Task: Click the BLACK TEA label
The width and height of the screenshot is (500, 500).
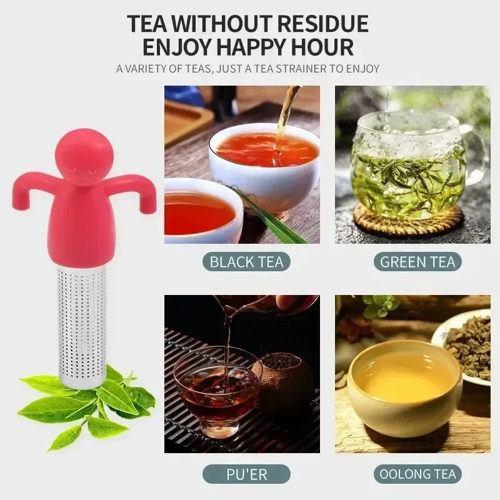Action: tap(246, 261)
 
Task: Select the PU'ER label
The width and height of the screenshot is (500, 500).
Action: tap(246, 473)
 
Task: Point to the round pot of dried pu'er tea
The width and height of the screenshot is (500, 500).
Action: tap(284, 384)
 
